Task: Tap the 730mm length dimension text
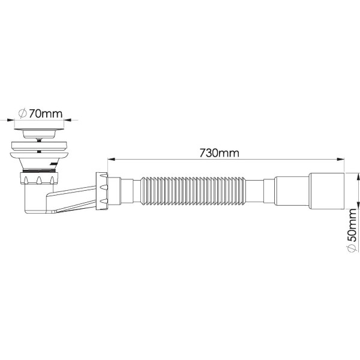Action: pos(219,152)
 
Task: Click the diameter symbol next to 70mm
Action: pos(23,113)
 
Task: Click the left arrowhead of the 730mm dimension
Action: pos(110,160)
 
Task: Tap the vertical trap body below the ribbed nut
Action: pos(32,198)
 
